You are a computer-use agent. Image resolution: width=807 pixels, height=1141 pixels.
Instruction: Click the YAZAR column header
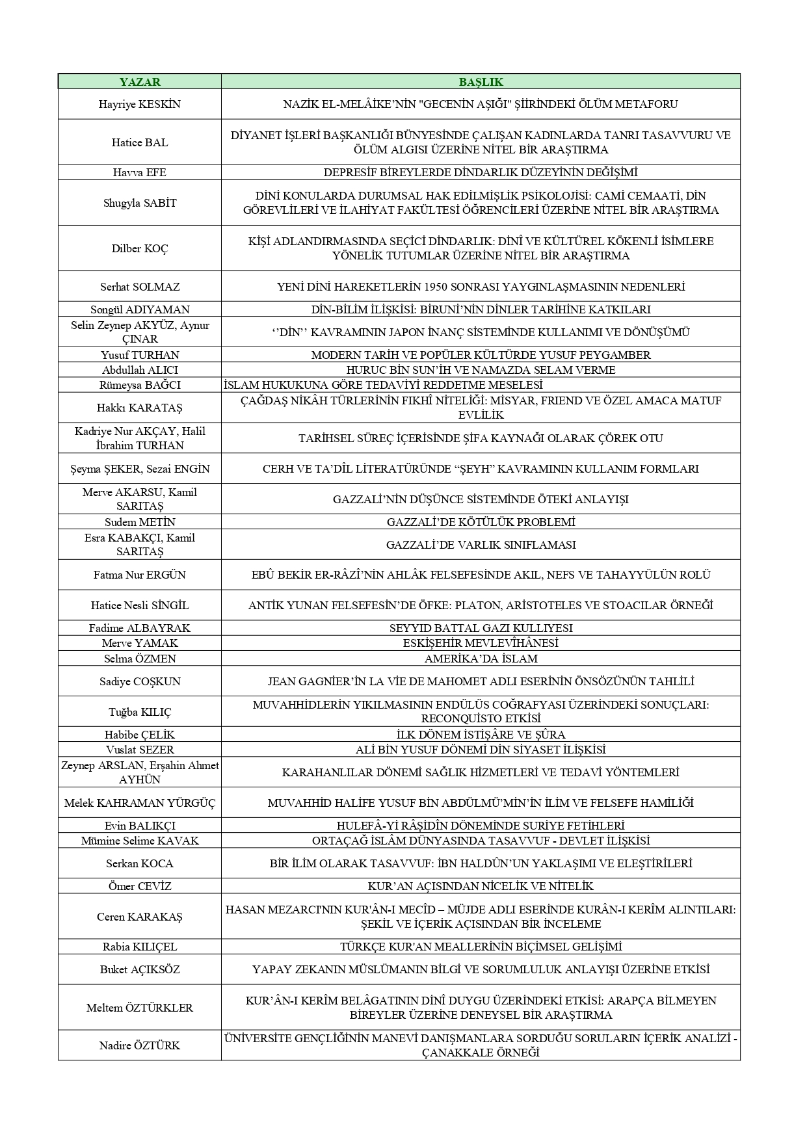[140, 82]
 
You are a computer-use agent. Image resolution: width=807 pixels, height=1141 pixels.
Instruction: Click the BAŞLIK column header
[481, 82]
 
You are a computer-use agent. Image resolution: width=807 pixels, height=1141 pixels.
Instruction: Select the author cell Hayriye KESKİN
[140, 104]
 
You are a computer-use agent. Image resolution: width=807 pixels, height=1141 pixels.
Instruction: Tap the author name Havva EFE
[140, 172]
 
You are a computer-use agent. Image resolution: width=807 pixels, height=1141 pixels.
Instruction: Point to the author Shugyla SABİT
[140, 203]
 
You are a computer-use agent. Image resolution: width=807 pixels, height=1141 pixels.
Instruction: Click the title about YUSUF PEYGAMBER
[481, 355]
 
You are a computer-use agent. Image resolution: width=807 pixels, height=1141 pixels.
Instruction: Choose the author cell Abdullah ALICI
[140, 370]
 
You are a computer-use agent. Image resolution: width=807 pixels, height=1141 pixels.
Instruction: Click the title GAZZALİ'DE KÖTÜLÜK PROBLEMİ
[481, 522]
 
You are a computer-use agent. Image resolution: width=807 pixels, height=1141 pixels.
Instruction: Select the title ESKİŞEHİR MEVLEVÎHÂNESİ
[481, 643]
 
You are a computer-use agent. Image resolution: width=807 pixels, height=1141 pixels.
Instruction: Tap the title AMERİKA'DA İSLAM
[481, 659]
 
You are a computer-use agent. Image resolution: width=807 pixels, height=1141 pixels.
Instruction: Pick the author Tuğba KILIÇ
[140, 712]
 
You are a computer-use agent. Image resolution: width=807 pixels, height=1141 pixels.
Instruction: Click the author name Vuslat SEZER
[140, 750]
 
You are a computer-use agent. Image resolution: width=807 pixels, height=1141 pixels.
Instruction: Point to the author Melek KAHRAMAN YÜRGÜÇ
[140, 803]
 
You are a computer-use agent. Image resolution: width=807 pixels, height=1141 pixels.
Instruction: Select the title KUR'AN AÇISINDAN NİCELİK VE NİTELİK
[481, 886]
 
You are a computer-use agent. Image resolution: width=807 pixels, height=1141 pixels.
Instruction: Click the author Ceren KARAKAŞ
[140, 917]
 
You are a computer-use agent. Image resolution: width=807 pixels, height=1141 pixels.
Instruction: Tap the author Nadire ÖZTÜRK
[140, 1045]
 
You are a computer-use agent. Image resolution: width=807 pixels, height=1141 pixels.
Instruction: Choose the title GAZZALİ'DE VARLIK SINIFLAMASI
[481, 545]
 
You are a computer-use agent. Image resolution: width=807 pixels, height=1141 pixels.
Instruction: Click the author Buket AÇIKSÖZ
[140, 969]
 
